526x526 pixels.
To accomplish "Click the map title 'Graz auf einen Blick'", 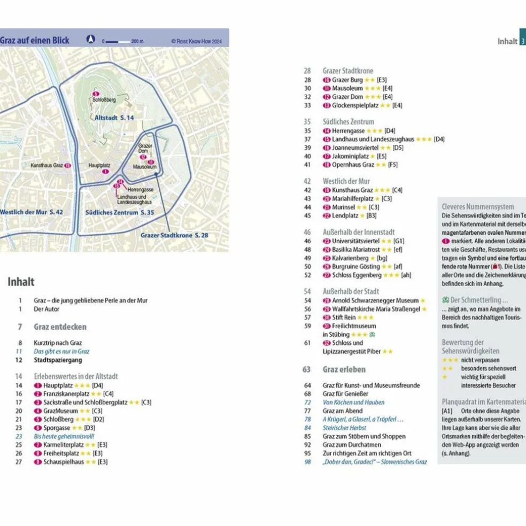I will [x=35, y=41].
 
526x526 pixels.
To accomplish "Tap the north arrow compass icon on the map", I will [x=91, y=40].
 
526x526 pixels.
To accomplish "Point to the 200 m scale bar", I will [x=118, y=41].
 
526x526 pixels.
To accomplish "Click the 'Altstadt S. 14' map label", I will [x=114, y=118].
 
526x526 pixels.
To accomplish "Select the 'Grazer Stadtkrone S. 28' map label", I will [x=175, y=235].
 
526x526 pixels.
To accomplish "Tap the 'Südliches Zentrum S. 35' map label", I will [x=120, y=213].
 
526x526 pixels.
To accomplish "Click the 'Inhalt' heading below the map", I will [x=21, y=282].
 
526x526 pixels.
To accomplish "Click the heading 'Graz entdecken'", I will [x=60, y=327].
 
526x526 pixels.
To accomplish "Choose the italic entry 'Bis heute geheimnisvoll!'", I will [x=64, y=436].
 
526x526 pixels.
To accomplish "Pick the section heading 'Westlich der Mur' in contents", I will [x=346, y=181].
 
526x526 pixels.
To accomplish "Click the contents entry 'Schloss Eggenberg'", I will [x=357, y=275].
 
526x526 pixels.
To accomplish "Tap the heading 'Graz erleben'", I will [x=344, y=369].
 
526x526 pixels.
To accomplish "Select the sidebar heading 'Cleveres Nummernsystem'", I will [x=477, y=206].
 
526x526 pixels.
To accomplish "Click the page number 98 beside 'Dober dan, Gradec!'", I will [x=307, y=462].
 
